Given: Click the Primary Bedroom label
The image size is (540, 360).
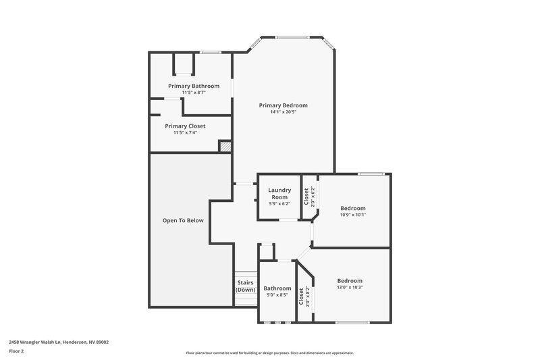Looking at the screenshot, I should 283,105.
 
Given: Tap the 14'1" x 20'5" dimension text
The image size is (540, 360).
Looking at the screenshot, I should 283,112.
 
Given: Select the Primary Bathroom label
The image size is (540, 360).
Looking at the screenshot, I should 194,86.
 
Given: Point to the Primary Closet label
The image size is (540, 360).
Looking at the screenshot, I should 185,126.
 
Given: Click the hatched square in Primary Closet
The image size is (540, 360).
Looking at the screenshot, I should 225,146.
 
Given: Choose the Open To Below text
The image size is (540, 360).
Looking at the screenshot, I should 183,220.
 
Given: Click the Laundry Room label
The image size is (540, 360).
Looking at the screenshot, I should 279,194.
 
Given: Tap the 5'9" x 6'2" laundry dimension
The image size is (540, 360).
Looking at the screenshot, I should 279,203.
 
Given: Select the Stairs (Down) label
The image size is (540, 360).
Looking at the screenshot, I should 246,286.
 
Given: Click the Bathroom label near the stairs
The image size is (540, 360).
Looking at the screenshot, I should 277,288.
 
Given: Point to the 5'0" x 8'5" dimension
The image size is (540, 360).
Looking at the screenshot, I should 277,294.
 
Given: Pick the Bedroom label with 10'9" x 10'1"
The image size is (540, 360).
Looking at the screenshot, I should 352,208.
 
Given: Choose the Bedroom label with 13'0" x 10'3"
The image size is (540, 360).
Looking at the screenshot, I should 350,280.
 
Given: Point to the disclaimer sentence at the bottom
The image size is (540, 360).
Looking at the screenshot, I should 269,353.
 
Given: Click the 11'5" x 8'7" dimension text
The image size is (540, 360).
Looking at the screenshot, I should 194,93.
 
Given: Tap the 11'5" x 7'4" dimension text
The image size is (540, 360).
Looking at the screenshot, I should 185,132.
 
